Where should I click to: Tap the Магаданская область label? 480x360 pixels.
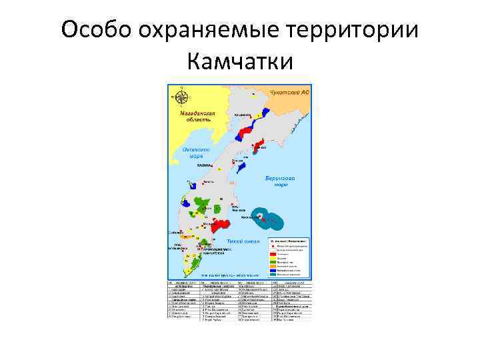(x=198, y=117)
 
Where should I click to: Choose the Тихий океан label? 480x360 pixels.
(x=239, y=240)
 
